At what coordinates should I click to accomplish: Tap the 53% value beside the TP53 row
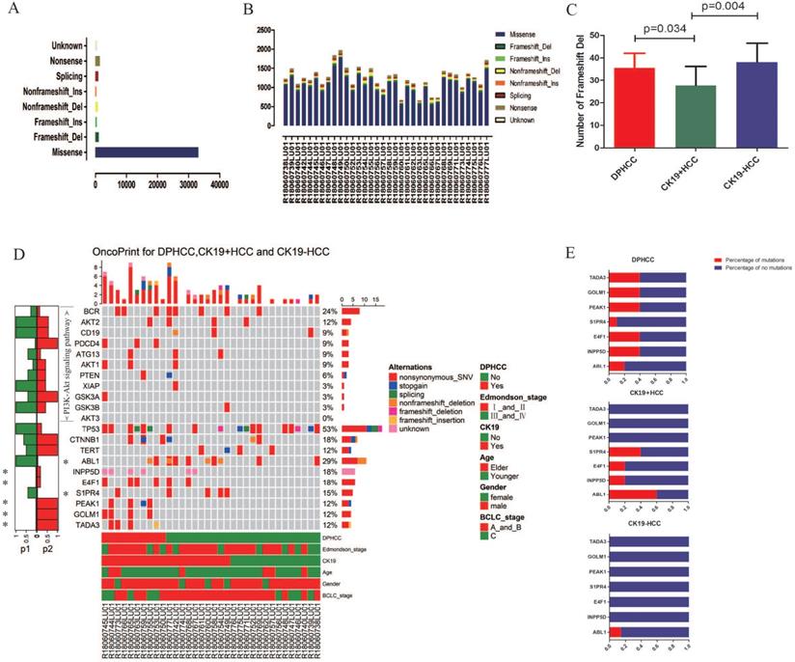pyautogui.click(x=329, y=428)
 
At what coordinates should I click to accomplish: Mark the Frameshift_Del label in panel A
pyautogui.click(x=60, y=138)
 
